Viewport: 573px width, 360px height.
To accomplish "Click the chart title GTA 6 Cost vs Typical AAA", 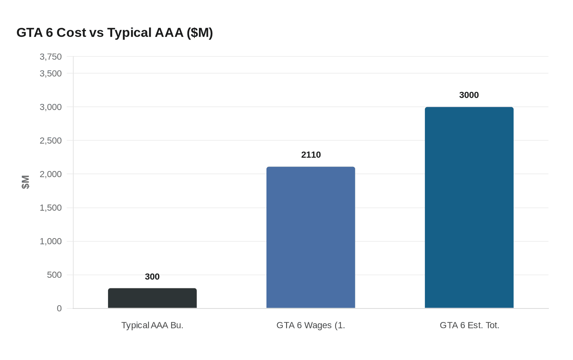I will click(x=115, y=33).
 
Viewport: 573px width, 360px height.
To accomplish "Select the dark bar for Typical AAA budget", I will click(x=152, y=298).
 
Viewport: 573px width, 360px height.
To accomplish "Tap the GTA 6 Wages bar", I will click(x=311, y=237).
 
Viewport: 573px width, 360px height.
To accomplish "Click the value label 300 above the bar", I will click(x=152, y=277).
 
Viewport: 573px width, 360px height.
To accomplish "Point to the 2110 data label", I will click(x=311, y=155).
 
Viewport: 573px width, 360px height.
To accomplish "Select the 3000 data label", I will click(x=469, y=95).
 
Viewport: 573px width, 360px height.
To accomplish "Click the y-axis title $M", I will click(x=26, y=182).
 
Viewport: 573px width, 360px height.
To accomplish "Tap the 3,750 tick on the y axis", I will click(x=51, y=57).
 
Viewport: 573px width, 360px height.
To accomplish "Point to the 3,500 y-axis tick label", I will click(x=51, y=74).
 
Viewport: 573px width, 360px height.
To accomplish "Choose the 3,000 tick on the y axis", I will click(x=51, y=107).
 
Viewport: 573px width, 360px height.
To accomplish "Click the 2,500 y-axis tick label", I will click(x=51, y=141).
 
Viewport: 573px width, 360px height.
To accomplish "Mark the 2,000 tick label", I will click(x=51, y=174).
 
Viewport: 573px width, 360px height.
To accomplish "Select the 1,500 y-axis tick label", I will click(x=51, y=208).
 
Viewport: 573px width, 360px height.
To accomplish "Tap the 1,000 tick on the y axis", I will click(x=51, y=241).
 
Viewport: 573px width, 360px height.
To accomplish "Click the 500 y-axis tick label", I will click(x=54, y=275).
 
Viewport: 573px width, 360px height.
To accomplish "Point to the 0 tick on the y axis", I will click(x=59, y=308).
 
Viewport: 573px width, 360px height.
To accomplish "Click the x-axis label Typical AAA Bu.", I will click(x=152, y=326).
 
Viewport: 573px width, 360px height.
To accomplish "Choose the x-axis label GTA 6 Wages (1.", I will click(x=311, y=326).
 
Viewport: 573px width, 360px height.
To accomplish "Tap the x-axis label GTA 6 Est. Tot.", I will click(x=469, y=326).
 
